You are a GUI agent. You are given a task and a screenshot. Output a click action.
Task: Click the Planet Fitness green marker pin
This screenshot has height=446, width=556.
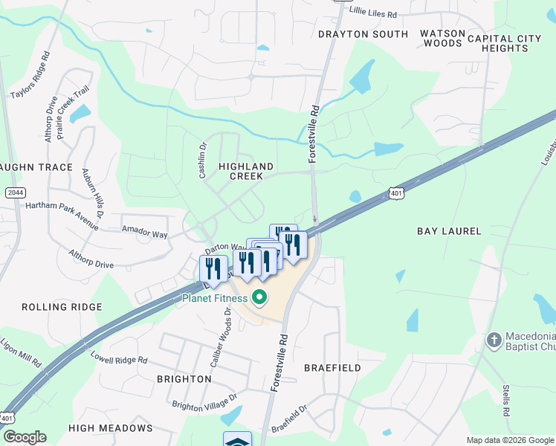click(259, 299)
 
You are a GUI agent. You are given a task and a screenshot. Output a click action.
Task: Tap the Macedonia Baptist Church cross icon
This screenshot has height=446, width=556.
click(493, 340)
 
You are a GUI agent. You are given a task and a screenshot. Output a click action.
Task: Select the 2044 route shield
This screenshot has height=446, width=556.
click(15, 193)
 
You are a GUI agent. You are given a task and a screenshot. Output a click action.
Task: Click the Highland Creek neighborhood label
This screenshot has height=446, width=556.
click(246, 171)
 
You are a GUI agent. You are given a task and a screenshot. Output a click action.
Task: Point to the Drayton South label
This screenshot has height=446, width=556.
click(363, 34)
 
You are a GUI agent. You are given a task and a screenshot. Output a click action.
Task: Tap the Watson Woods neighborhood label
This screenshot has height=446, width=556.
click(443, 39)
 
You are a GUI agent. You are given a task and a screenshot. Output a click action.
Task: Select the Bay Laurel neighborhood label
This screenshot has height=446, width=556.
click(449, 232)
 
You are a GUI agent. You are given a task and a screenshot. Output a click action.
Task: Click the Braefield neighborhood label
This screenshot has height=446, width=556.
click(332, 368)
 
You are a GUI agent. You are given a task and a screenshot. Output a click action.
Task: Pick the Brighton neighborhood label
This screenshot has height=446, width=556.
click(184, 379)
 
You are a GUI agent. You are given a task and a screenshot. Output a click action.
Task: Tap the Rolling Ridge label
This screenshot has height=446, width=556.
click(62, 307)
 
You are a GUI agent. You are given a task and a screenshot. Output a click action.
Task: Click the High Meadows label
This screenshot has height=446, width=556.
click(110, 428)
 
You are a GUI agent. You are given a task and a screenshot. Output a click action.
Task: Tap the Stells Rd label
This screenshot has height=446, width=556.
click(505, 401)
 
